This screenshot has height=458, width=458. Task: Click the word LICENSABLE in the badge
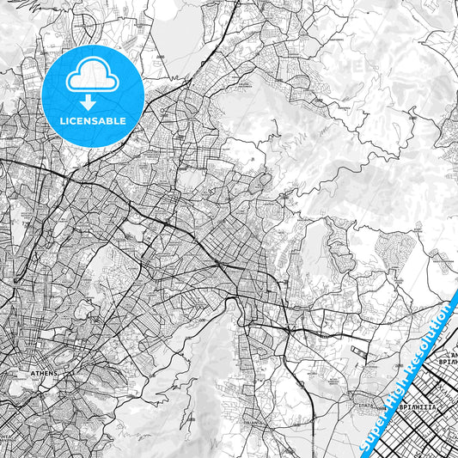point(91,121)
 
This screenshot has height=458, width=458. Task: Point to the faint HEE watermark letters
point(356,64)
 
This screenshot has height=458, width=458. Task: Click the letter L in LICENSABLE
point(59,121)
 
